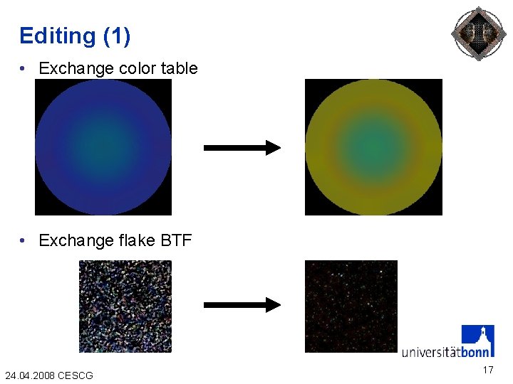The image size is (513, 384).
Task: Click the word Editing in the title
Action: click(57, 36)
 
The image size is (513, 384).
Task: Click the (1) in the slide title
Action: click(117, 36)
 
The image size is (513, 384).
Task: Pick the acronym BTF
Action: click(177, 240)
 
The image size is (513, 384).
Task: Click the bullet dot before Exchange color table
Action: click(24, 68)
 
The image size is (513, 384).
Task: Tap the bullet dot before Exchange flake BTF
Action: click(24, 240)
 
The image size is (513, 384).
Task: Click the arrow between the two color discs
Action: click(242, 148)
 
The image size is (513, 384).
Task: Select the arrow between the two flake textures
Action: click(242, 305)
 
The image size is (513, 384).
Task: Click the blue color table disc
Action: click(103, 147)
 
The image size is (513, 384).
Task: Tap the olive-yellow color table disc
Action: click(373, 147)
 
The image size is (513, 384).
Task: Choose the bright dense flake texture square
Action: click(125, 306)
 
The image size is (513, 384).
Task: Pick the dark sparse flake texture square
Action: click(351, 306)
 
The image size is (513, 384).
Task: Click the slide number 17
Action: click(487, 370)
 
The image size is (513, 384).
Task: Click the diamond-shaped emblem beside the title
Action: click(479, 33)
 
